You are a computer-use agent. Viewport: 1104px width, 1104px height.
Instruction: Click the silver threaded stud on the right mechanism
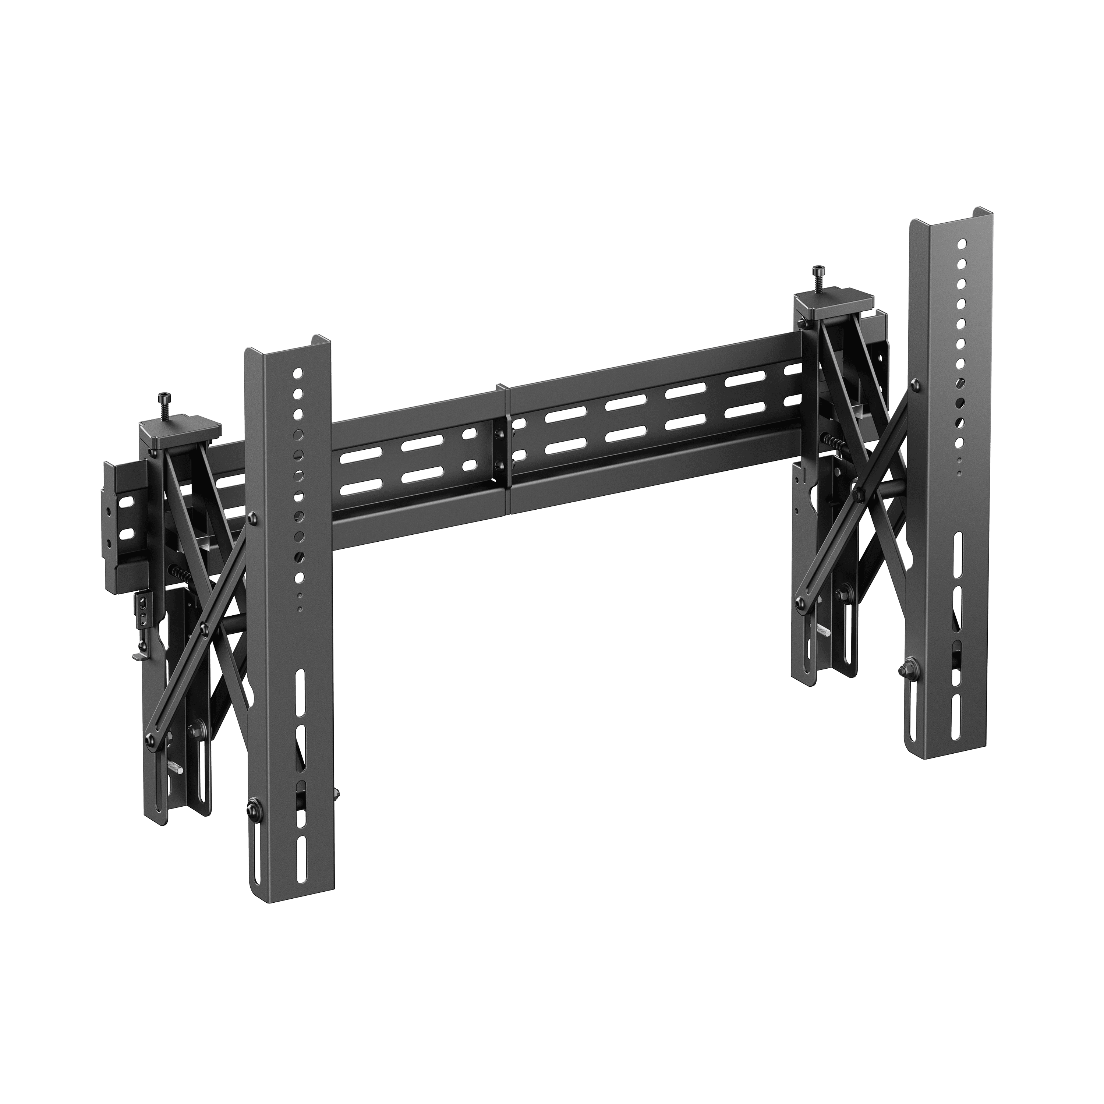[824, 631]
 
